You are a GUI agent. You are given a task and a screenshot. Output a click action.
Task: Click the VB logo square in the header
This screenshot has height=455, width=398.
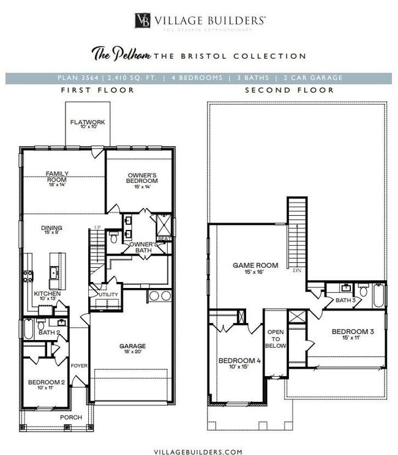click(x=143, y=20)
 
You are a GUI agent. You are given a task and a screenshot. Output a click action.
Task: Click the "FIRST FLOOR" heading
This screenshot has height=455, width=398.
click(x=98, y=90)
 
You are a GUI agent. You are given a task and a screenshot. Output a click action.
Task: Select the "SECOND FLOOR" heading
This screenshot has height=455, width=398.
click(x=290, y=90)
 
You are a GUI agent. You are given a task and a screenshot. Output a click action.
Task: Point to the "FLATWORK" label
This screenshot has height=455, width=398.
click(x=88, y=122)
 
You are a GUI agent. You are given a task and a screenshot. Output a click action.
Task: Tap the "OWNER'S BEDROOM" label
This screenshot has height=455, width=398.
click(x=142, y=178)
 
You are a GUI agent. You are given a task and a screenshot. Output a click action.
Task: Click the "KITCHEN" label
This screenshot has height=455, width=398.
click(x=47, y=294)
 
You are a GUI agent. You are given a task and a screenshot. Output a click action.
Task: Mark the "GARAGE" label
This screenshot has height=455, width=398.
click(x=132, y=346)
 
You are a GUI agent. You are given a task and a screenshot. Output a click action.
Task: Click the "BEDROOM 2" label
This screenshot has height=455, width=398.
click(x=46, y=382)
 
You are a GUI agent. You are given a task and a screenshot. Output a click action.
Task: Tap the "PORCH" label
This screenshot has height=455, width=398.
click(x=70, y=417)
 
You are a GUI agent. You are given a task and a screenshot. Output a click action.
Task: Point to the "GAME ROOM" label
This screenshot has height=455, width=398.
click(x=255, y=265)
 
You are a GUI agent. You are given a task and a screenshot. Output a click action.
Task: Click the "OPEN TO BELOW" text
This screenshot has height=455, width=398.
click(x=276, y=338)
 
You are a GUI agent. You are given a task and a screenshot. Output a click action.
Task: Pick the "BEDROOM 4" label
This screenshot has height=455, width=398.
click(x=239, y=361)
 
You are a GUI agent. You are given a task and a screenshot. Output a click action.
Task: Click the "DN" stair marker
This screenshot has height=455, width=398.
click(x=297, y=270)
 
